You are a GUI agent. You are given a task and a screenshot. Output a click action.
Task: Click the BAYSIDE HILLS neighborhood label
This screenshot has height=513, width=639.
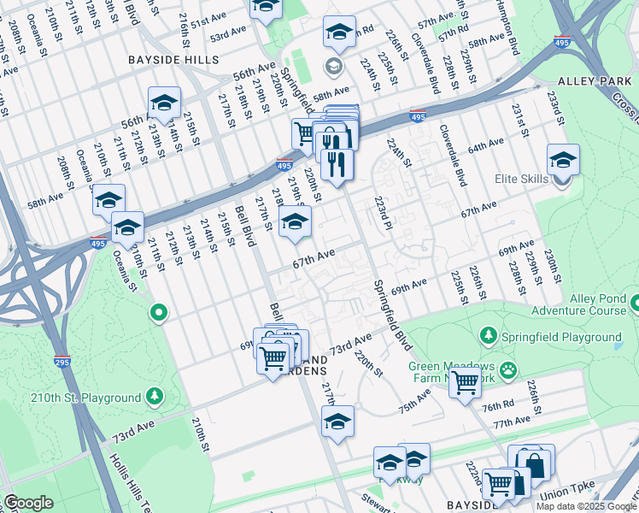point(173,61)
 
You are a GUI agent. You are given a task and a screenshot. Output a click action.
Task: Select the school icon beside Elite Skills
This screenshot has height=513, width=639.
point(563,160)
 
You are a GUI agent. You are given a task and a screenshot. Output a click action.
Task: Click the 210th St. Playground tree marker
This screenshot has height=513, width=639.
point(154,397)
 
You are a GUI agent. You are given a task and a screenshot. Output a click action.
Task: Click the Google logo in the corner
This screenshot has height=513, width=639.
point(27,503)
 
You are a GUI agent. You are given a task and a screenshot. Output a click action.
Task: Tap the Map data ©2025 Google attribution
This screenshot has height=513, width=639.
point(586,506)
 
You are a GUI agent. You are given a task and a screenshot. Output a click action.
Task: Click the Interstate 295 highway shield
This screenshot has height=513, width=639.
point(62,363)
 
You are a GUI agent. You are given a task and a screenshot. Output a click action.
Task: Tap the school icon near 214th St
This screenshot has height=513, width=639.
point(163,103)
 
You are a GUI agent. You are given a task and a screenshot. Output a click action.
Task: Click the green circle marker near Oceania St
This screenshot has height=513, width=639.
point(157,314)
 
